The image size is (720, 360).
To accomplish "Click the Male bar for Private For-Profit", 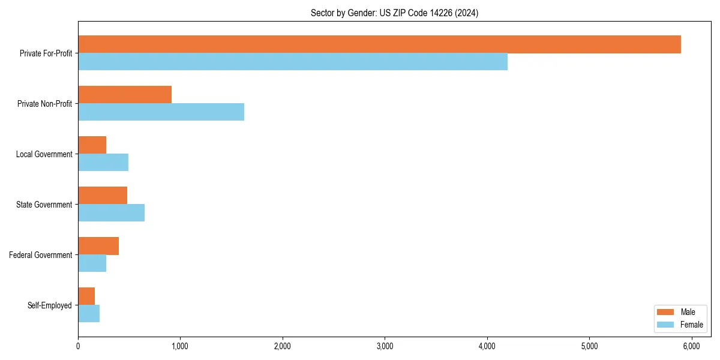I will (x=379, y=44).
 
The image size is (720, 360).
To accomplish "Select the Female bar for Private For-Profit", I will (x=293, y=62).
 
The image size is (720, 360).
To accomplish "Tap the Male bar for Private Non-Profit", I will (x=125, y=95).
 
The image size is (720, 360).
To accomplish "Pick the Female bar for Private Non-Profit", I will (x=161, y=112).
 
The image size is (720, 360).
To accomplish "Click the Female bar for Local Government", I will (x=103, y=163).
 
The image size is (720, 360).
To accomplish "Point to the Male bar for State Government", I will (x=103, y=196).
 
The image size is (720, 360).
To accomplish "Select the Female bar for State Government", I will (x=111, y=213).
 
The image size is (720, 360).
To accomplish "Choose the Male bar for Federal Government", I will (x=98, y=246).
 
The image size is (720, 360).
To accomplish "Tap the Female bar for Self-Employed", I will (x=89, y=314).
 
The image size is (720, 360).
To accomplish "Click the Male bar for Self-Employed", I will (x=86, y=296).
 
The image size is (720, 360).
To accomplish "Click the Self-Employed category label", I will (x=50, y=305).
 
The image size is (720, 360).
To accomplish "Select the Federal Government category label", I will (x=41, y=255).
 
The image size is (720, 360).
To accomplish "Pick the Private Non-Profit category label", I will (x=45, y=104).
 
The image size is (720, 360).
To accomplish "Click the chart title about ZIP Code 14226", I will (x=394, y=13).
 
